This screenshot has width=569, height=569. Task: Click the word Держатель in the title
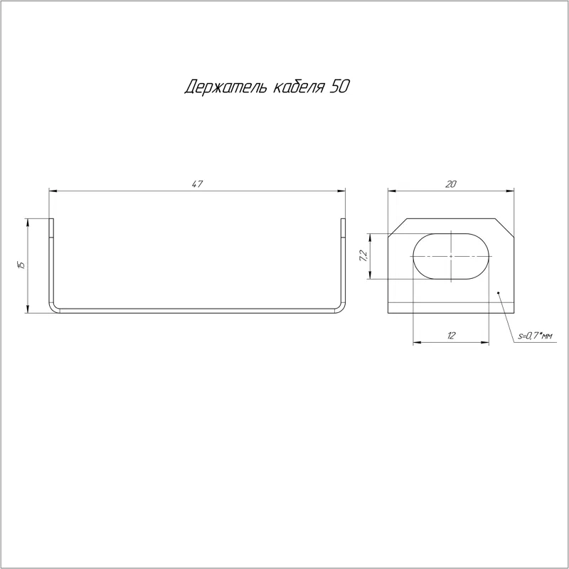225,87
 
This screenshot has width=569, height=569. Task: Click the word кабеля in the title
298,87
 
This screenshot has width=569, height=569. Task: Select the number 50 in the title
339,86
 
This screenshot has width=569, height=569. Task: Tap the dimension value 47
197,184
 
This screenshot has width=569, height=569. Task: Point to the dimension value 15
21,265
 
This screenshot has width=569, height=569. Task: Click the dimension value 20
450,184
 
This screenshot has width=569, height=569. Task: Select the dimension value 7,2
363,256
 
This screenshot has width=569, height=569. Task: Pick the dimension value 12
451,336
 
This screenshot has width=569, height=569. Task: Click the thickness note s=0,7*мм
535,336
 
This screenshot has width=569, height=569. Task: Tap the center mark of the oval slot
451,256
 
